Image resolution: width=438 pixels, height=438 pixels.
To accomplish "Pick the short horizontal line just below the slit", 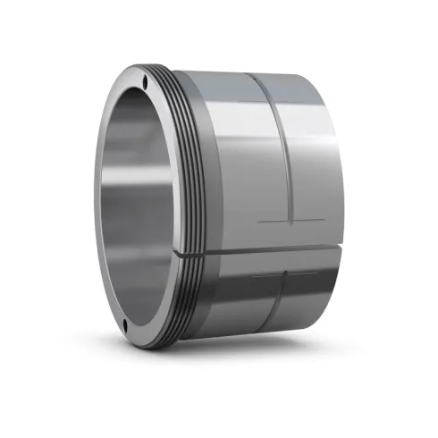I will click(x=268, y=276).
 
